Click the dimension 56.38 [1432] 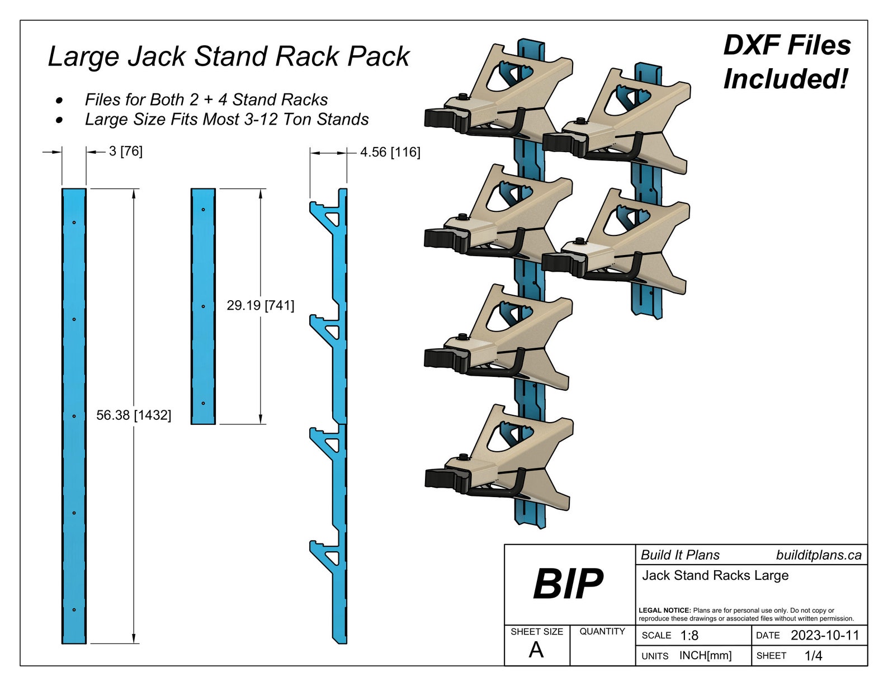point(134,415)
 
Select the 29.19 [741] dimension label point(260,305)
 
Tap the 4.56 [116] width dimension point(390,152)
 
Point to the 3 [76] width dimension point(125,151)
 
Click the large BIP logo point(568,584)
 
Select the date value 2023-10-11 point(824,635)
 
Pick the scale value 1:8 point(689,636)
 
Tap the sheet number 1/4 point(813,656)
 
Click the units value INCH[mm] point(705,656)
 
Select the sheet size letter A point(536,650)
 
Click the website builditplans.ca point(818,555)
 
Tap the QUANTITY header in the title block point(602,631)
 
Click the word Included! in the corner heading point(786,79)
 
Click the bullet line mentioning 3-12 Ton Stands point(226,120)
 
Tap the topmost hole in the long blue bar point(74,223)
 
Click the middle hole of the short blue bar point(203,306)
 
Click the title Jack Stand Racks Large point(715,575)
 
